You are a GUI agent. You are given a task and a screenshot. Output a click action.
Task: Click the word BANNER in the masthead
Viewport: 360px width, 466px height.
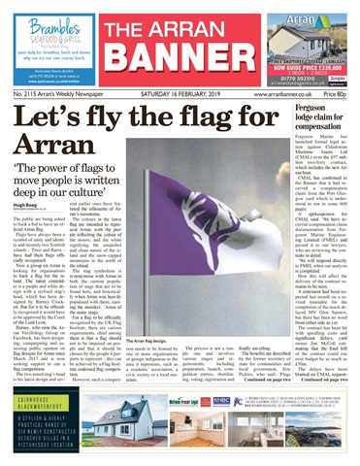[x=180, y=60]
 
